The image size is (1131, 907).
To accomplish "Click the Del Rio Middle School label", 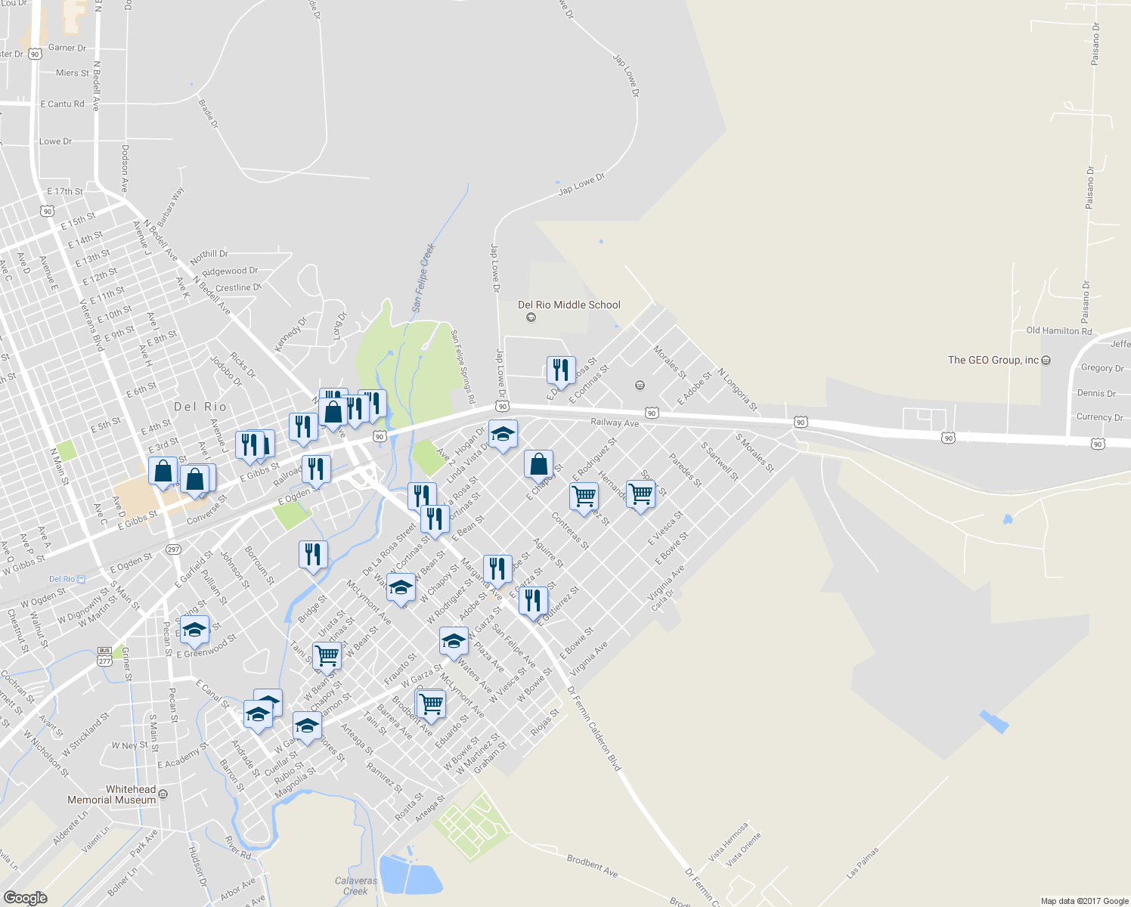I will (x=569, y=305).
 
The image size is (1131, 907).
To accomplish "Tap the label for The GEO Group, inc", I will (x=993, y=361).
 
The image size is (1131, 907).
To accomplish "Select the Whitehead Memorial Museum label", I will (x=111, y=794).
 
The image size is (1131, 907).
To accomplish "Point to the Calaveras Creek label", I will (x=355, y=886).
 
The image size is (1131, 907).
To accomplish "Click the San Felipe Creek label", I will (x=423, y=277).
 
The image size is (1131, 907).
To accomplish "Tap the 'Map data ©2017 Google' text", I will (x=1084, y=901).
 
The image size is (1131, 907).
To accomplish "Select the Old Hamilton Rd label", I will (x=1058, y=331).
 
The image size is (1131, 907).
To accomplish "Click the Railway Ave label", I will (x=615, y=423).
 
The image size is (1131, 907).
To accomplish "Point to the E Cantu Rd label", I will (x=62, y=104).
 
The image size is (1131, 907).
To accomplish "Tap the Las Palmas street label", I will (x=863, y=862).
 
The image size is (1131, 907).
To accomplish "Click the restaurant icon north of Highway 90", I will (x=560, y=370).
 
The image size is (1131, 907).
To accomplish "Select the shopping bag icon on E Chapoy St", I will (x=538, y=464).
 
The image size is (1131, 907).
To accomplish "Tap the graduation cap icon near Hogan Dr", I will (x=503, y=435).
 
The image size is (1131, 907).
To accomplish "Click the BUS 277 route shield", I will (x=104, y=656).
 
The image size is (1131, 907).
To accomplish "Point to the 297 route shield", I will (x=173, y=549).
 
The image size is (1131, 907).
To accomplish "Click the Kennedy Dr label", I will (x=290, y=333).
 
